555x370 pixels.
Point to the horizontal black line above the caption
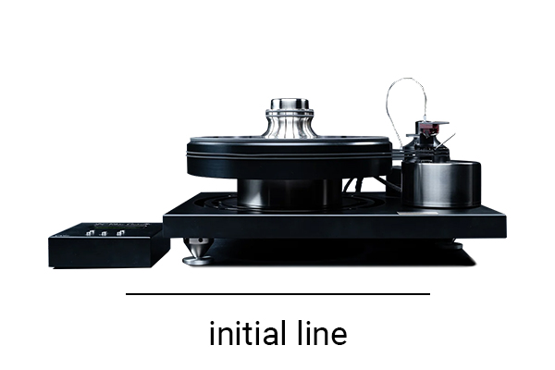[x=277, y=293]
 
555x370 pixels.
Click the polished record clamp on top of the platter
[x=290, y=118]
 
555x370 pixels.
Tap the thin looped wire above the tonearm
[x=407, y=79]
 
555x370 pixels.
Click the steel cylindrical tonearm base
[x=441, y=184]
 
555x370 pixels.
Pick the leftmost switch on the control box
[x=90, y=233]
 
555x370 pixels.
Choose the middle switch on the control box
[x=104, y=233]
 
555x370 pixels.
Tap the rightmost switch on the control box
[x=121, y=233]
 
